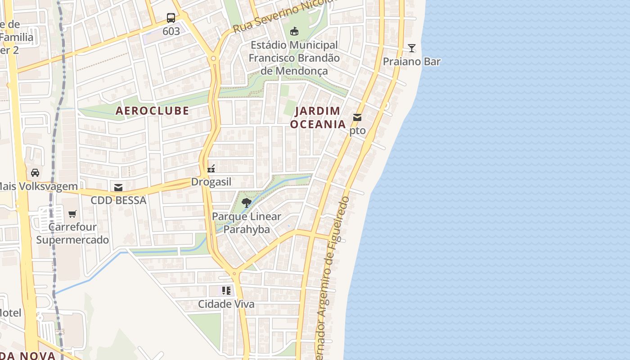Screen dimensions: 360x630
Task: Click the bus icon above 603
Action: tap(171, 18)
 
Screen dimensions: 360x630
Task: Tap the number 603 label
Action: tap(171, 31)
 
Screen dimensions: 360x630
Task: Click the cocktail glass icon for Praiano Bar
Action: tap(411, 48)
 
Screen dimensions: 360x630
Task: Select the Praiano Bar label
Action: tap(411, 62)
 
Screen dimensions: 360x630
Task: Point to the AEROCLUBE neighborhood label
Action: tap(153, 111)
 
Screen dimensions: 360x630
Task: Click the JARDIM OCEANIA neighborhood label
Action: tap(318, 117)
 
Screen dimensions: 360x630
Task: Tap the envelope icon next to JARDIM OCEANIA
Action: tap(357, 117)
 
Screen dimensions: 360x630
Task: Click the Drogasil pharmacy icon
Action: tap(211, 169)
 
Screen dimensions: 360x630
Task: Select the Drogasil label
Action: tap(211, 182)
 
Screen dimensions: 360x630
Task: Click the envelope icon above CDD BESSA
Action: tap(118, 187)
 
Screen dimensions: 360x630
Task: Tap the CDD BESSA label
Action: tap(118, 200)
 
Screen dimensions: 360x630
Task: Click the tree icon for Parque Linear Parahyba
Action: tap(246, 203)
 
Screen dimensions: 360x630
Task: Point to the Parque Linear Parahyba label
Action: tap(247, 223)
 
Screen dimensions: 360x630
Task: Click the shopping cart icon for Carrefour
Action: tap(72, 214)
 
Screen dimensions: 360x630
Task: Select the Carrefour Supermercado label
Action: tap(72, 233)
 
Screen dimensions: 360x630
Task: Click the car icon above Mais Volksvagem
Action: tap(35, 172)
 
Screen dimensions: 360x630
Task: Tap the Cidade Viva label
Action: tap(226, 304)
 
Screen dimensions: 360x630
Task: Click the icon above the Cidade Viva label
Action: tap(226, 291)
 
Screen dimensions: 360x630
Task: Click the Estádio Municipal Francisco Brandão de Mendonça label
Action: tap(294, 58)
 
